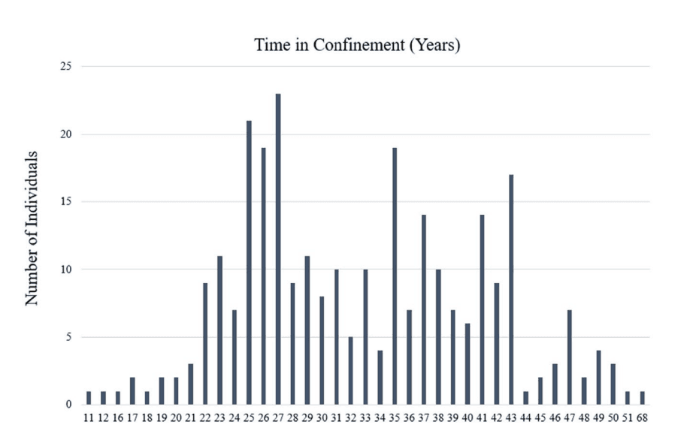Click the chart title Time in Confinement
click(357, 45)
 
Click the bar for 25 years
click(249, 262)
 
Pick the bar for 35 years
click(395, 276)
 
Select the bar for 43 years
click(511, 289)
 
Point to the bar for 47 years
click(570, 357)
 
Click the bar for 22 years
click(205, 343)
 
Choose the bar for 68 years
click(643, 397)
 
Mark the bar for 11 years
click(89, 397)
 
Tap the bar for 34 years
click(380, 377)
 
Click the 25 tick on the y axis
click(66, 67)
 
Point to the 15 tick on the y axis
click(66, 202)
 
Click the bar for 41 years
click(483, 309)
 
